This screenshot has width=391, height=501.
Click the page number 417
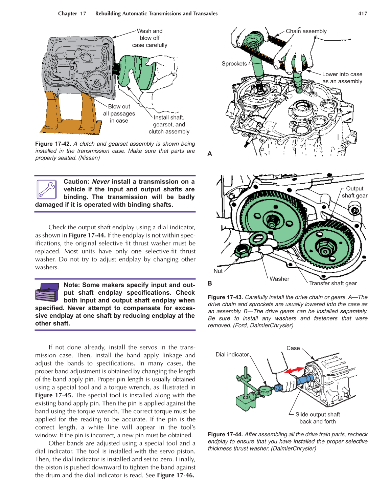click(x=362, y=14)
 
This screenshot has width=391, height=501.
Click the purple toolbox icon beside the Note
click(x=47, y=292)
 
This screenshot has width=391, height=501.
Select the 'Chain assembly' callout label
click(x=306, y=31)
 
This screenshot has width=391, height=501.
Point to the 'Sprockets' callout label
click(x=234, y=64)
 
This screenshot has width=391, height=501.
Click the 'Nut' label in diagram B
click(x=218, y=271)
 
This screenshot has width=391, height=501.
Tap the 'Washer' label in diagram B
click(x=279, y=279)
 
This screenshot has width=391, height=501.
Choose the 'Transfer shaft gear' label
click(x=333, y=283)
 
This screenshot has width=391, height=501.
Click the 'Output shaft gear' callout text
click(x=354, y=192)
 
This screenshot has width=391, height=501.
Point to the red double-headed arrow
click(x=294, y=370)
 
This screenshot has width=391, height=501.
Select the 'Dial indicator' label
click(x=232, y=354)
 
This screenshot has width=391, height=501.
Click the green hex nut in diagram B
click(x=242, y=251)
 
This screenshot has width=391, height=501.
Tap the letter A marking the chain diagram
click(x=210, y=154)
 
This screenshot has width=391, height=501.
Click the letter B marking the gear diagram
click(x=210, y=283)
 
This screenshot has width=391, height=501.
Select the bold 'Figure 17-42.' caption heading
click(x=53, y=144)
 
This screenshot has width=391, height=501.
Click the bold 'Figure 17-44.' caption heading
click(x=225, y=434)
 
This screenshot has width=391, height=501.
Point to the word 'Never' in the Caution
click(x=101, y=182)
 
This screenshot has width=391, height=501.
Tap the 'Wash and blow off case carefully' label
click(x=149, y=38)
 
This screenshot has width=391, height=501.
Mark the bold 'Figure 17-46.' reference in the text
click(x=176, y=475)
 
